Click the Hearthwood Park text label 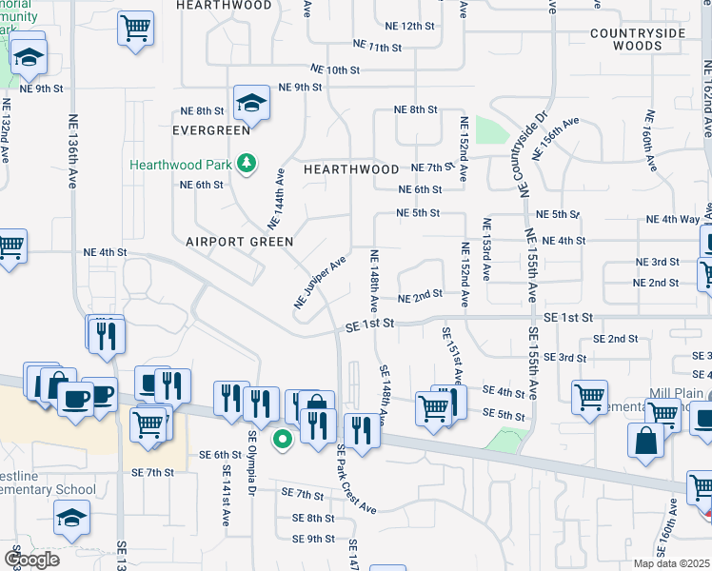tap(181, 165)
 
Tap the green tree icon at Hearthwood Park tap(247, 164)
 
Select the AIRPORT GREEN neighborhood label tap(239, 242)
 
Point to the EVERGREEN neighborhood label tap(210, 129)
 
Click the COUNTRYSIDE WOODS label tap(637, 39)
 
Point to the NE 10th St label tap(335, 69)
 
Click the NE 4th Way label tap(672, 219)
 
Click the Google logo tap(32, 559)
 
